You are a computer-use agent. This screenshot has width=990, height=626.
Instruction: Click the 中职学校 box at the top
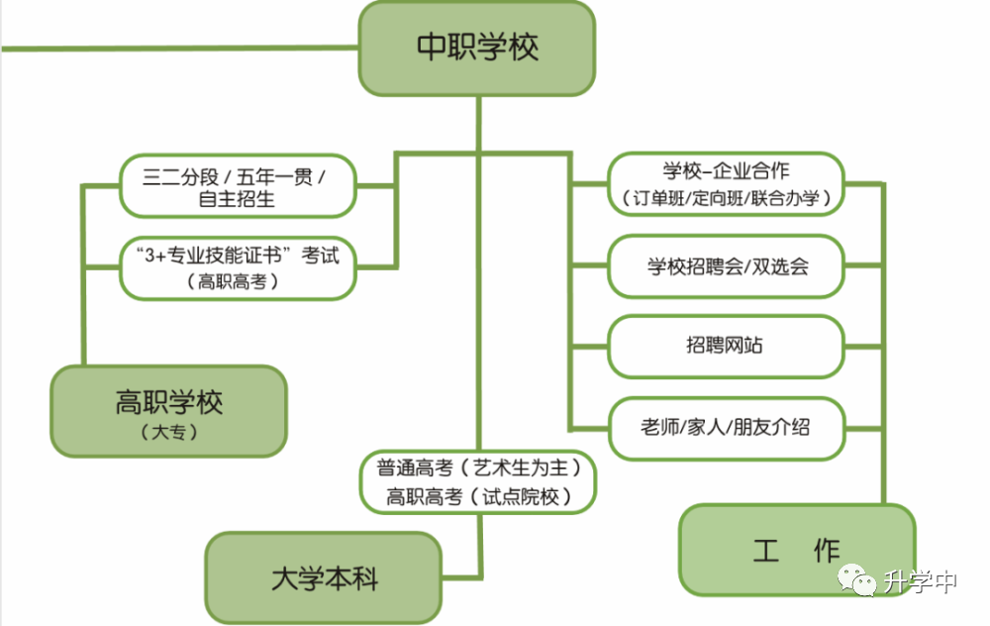(x=477, y=49)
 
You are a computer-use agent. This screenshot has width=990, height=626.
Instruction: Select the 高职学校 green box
(x=169, y=411)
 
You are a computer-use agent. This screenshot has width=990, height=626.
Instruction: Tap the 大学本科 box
(x=324, y=578)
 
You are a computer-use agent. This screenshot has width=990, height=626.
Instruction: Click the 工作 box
(x=797, y=550)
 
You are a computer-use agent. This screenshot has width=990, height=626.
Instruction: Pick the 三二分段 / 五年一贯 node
(x=238, y=186)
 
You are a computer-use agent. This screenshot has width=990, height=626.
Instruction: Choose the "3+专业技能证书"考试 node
(x=238, y=267)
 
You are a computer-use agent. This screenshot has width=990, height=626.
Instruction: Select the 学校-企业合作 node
(x=726, y=184)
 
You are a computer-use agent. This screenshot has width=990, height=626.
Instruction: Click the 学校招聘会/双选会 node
(x=726, y=265)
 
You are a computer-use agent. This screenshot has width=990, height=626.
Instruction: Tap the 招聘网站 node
(x=726, y=346)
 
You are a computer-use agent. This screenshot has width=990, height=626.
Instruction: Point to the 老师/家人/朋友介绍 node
(x=726, y=428)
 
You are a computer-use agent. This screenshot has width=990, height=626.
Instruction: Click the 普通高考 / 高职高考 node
(x=478, y=482)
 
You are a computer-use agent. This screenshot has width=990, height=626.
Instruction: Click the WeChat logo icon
(x=856, y=579)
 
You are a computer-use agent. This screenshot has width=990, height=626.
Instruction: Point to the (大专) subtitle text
(x=169, y=432)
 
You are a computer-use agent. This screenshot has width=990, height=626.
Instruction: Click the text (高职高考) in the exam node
(x=233, y=281)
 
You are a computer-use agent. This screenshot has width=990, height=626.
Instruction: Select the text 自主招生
(x=237, y=199)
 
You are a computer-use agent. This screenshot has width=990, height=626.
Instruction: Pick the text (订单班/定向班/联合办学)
(x=726, y=198)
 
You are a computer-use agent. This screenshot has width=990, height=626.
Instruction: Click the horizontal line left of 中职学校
(x=180, y=48)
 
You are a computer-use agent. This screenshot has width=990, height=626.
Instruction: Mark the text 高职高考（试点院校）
(x=478, y=496)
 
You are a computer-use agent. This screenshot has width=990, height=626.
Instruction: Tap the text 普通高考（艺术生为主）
(x=478, y=468)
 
